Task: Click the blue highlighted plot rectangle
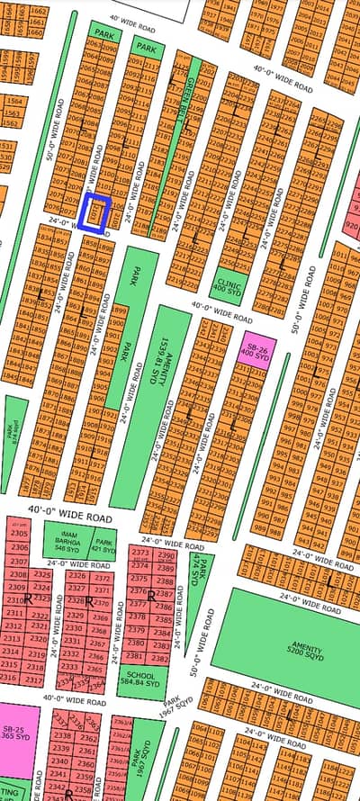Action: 94,213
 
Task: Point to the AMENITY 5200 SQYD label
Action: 289,643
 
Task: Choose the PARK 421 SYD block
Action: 105,544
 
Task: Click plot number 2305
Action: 18,535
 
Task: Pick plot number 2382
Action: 158,658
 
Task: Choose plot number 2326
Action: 77,576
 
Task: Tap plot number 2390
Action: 166,555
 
